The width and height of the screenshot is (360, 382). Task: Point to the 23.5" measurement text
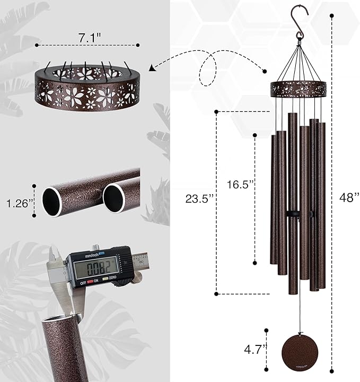coord(200,199)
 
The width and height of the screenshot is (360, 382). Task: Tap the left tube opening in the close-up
coord(52,201)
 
